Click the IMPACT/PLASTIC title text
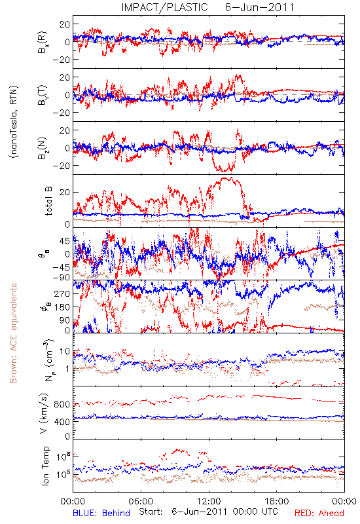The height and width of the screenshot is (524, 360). (x=165, y=7)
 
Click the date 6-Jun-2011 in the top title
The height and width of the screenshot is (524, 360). (x=259, y=7)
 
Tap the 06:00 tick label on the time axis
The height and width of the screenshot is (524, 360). (x=141, y=501)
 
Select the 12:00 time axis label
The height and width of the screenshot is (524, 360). (x=209, y=501)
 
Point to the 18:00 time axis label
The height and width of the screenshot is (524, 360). (x=277, y=501)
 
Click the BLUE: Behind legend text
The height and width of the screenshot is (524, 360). (x=101, y=513)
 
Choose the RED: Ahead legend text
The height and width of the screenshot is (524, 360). (x=319, y=513)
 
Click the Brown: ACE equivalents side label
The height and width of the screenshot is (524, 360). (x=13, y=333)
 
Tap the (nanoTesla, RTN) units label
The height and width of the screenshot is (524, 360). (x=14, y=122)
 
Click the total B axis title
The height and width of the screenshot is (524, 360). (x=48, y=201)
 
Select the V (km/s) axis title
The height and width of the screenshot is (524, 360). (x=44, y=413)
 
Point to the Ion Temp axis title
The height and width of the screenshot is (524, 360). (x=45, y=466)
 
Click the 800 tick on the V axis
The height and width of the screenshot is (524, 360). (x=62, y=404)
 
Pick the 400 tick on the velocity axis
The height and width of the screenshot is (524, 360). (x=62, y=422)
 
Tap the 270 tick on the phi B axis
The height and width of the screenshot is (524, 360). (x=62, y=293)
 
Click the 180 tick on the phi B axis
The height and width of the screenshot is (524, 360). (x=62, y=307)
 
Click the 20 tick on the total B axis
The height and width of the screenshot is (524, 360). (x=65, y=193)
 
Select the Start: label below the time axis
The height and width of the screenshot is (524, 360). (x=151, y=512)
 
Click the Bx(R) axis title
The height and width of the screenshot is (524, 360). (x=43, y=43)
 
